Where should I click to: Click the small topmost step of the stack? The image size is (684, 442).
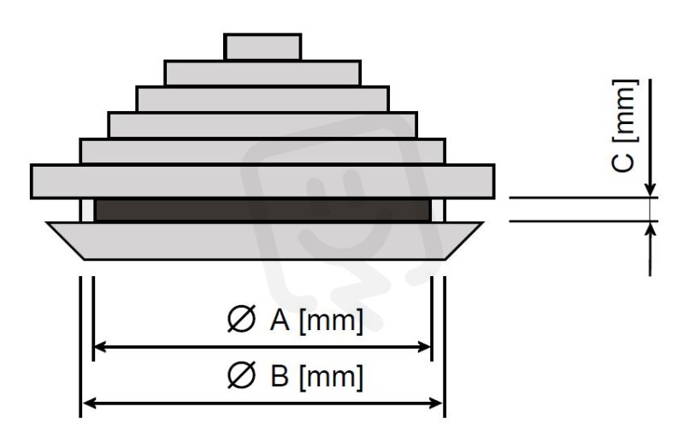click(262, 47)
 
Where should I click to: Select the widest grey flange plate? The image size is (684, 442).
click(262, 181)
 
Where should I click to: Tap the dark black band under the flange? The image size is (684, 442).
click(262, 210)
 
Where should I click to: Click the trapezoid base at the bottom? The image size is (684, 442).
click(265, 241)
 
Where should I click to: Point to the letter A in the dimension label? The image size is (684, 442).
click(280, 320)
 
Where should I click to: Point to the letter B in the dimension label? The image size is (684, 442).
click(280, 375)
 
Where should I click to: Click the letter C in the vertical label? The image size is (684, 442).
click(622, 162)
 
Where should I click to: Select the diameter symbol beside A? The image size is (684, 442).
click(241, 319)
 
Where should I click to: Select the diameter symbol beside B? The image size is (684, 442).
click(241, 374)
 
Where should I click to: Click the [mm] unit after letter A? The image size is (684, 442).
click(331, 321)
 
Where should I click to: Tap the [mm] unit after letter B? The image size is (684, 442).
click(331, 377)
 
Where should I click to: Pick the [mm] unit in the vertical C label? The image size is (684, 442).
click(626, 111)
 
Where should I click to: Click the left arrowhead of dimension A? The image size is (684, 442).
click(100, 347)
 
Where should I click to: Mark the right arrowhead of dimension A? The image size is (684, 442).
click(425, 347)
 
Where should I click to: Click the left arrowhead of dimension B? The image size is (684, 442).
click(89, 404)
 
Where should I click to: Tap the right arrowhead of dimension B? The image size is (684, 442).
click(436, 404)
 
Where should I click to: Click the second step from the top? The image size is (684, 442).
click(262, 73)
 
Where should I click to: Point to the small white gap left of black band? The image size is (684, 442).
click(88, 210)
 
